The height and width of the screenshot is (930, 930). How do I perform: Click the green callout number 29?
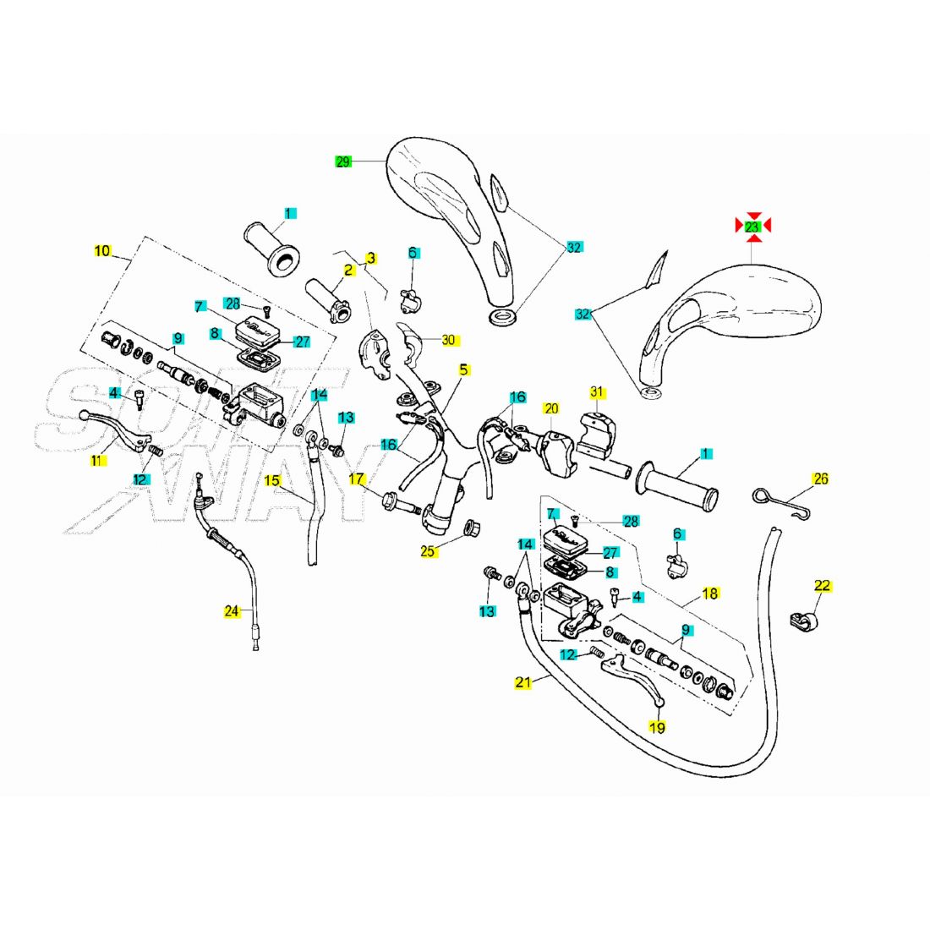coord(343,161)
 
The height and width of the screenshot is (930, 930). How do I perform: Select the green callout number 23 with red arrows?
coord(752,227)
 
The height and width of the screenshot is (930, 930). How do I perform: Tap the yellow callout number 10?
coord(102,251)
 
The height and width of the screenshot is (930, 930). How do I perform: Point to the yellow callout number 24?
coord(232,611)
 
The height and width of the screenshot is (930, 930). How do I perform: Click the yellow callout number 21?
coord(522,682)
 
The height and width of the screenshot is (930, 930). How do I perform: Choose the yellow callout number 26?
coord(821,479)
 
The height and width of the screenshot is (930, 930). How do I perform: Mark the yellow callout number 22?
coord(822,586)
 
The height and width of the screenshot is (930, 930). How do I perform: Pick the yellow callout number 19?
coord(657,727)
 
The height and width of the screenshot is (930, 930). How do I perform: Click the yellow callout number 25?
coord(428,551)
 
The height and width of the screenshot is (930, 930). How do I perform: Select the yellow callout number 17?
coord(357,479)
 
